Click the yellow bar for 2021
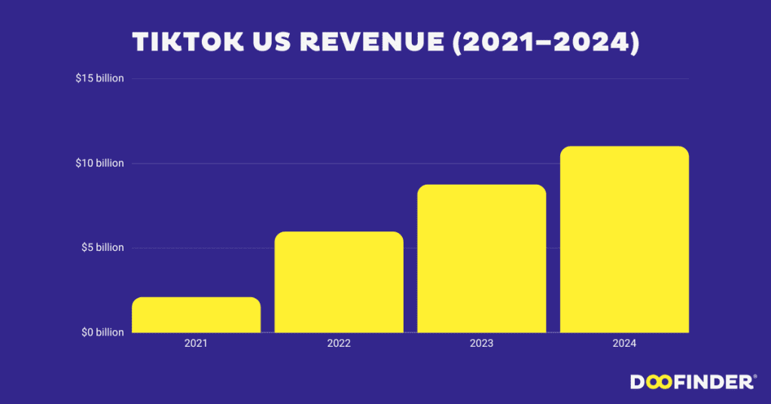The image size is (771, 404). point(196,315)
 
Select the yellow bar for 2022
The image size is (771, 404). point(339,282)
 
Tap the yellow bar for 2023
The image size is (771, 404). point(481,259)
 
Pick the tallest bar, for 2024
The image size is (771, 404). point(624,239)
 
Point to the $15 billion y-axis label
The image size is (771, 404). point(99,78)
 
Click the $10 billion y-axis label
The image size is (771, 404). point(99,163)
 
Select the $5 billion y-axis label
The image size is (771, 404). point(102,247)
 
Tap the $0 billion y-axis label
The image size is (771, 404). point(102,332)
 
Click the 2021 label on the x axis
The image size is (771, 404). point(196,344)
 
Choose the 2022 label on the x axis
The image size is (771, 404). point(339,344)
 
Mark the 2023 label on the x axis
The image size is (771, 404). point(481,344)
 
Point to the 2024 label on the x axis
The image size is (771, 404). point(624,344)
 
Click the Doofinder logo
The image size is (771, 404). point(693,382)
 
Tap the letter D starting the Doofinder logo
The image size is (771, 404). point(637,382)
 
